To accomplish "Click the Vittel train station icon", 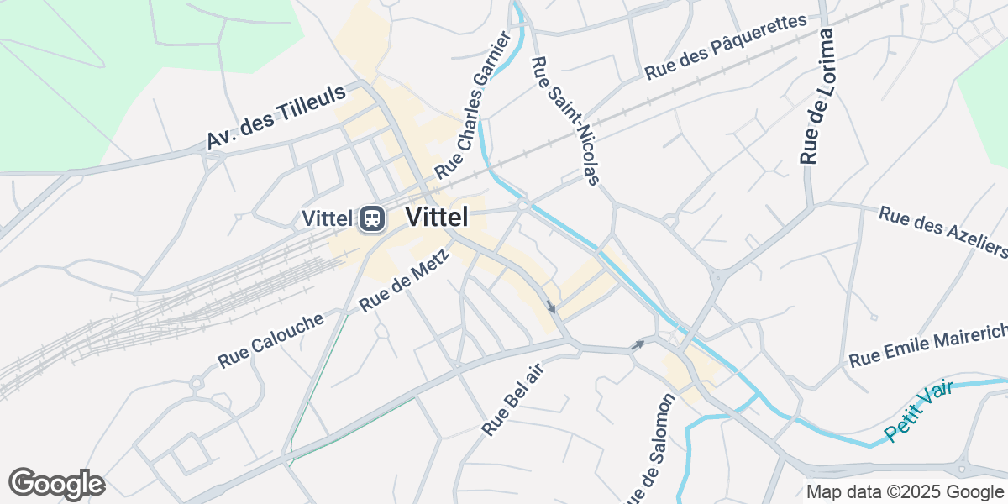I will point(371,219).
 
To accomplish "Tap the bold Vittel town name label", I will point(437,217).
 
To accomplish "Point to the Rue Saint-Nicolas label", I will point(565,120).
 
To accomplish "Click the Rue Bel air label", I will point(513,400).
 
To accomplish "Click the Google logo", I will point(56,485).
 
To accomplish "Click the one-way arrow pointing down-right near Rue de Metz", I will point(550,307).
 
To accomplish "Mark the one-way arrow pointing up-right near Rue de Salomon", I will point(638,344).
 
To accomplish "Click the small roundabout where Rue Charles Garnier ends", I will point(522,204).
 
